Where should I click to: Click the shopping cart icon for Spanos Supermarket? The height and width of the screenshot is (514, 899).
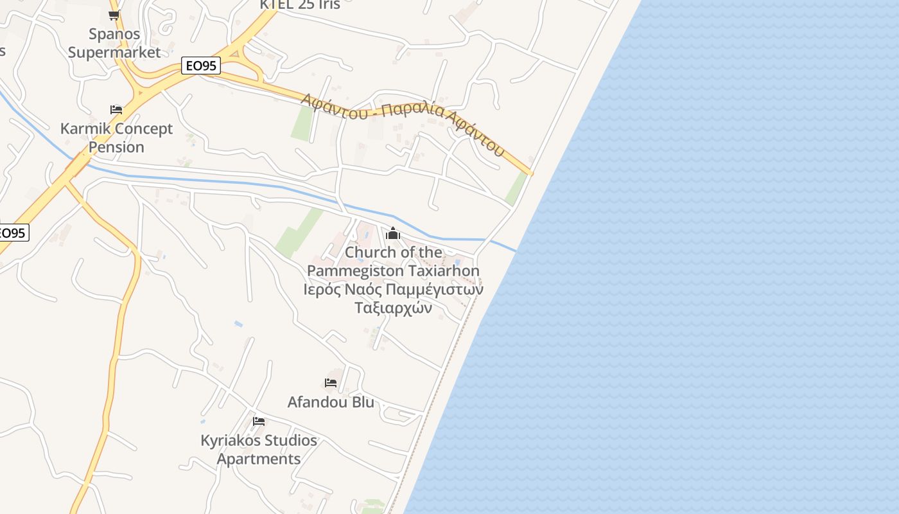pos(114,15)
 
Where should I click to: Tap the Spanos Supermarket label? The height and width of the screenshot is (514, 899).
pos(114,43)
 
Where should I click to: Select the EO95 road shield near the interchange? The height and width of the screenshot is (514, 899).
pos(201,66)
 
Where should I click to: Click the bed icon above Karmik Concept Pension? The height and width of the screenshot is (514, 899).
pos(116,110)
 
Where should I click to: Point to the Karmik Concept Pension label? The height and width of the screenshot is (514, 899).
pos(116,137)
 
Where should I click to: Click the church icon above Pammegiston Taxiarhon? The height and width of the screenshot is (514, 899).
pos(393,233)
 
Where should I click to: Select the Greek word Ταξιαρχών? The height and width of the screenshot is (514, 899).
pos(393,308)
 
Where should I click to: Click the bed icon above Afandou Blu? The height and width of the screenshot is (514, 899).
pos(331,383)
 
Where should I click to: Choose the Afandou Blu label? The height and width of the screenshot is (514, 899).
pos(331,402)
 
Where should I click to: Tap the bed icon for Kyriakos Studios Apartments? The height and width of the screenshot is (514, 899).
pos(259,421)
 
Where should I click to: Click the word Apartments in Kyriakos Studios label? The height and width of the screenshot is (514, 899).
pos(259,459)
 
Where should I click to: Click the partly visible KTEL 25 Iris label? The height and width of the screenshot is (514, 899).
pos(300,4)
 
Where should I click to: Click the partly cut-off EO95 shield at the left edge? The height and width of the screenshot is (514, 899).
pos(13,233)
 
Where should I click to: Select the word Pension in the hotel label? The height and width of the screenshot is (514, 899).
pos(116,147)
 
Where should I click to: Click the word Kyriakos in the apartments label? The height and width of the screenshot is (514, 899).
pos(229,441)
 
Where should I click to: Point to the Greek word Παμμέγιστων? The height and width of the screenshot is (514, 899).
pos(437,289)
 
